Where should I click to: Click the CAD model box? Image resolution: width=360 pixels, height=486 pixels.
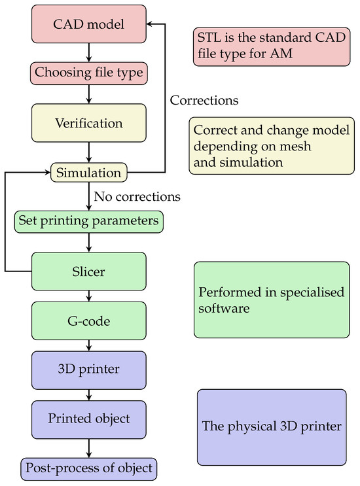coord(88,25)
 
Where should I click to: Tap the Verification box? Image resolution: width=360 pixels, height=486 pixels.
coord(88,122)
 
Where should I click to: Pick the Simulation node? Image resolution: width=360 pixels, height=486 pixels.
coord(88,173)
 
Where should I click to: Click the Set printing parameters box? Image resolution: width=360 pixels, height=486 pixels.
coord(88,221)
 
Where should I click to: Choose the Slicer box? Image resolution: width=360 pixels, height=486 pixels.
coord(88,271)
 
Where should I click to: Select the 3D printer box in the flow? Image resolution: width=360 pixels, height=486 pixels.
coord(88,370)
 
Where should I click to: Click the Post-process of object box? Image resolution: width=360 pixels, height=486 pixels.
coord(88,468)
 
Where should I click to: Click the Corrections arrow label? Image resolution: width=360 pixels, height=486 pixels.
coord(204,101)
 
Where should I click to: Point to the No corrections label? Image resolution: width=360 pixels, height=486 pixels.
coord(137,196)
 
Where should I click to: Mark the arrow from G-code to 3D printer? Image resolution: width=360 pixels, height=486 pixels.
coord(88,345)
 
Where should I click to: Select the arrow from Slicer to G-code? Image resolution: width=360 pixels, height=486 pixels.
coord(88,296)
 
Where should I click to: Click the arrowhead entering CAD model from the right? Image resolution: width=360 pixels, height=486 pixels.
coord(149,25)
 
